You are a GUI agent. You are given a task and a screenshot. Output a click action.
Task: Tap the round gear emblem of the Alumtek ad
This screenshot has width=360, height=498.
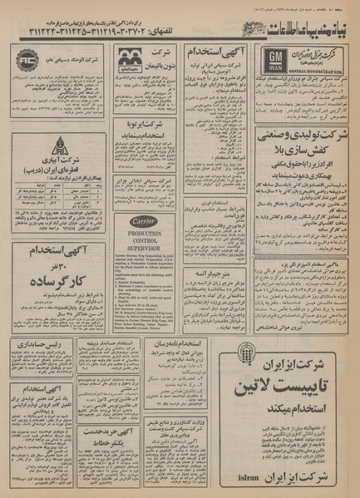point(27,62)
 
